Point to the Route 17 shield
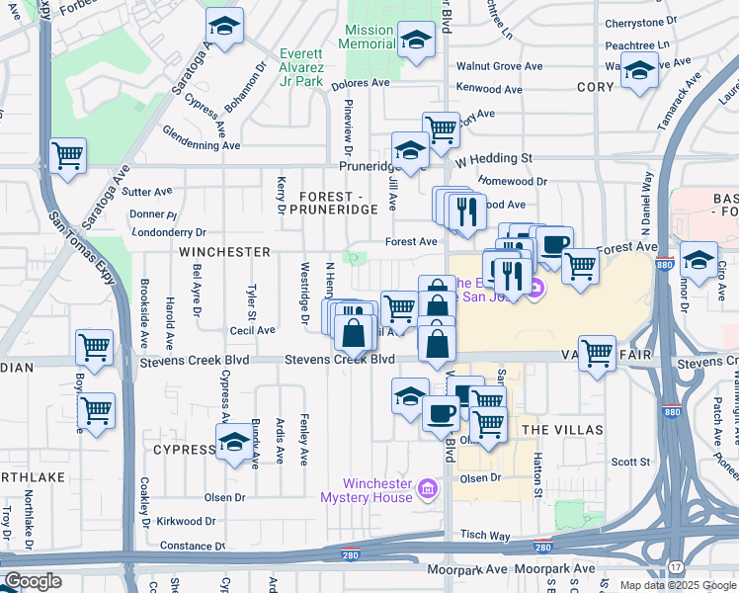(674, 566)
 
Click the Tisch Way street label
(485, 535)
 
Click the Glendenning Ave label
(202, 144)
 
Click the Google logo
(33, 580)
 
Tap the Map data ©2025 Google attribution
(678, 585)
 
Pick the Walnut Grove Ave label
(499, 66)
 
